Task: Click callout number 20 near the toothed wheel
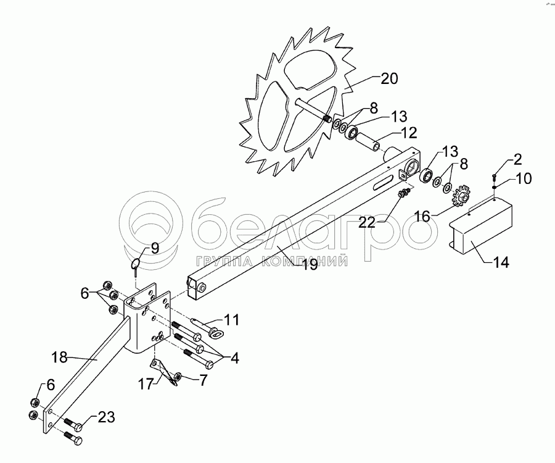[x=390, y=78]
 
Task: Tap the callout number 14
[x=501, y=262]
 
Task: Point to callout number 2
[x=517, y=160]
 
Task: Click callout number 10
[x=522, y=179]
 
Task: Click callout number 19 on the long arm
[x=308, y=265]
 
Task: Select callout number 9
[x=155, y=248]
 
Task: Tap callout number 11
[x=231, y=320]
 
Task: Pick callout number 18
[x=59, y=357]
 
